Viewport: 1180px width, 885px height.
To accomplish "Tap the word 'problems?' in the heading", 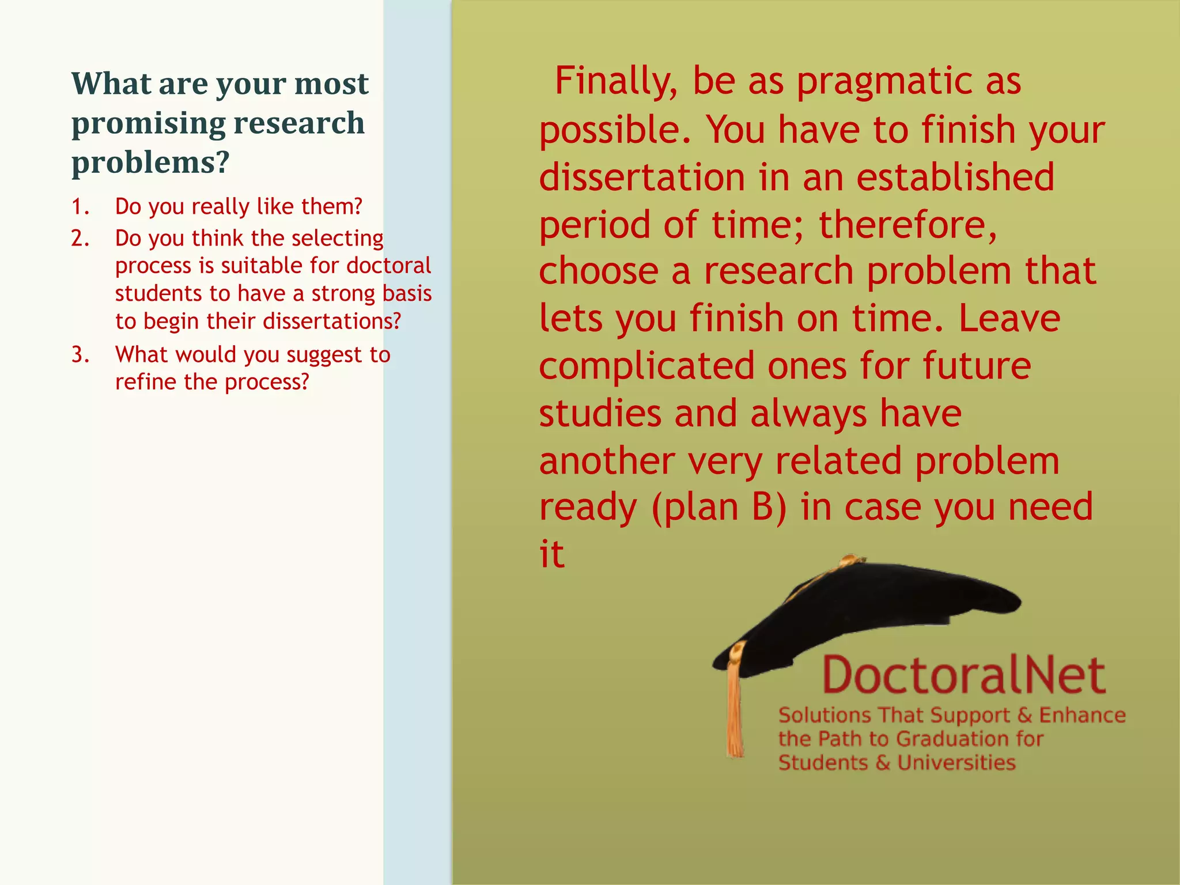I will coord(150,162).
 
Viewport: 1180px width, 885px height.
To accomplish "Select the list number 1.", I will coord(80,207).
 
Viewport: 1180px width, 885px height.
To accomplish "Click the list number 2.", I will coord(80,239).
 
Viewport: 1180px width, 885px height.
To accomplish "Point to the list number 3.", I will coord(80,355).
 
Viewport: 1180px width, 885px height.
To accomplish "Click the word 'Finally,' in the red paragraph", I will coord(615,81).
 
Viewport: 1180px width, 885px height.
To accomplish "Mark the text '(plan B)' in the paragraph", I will coord(719,508).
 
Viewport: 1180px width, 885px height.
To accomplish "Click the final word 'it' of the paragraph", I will coord(551,554).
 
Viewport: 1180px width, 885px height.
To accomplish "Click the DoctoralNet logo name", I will coord(963,675).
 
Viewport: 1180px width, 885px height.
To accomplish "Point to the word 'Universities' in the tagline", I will coord(956,763).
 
